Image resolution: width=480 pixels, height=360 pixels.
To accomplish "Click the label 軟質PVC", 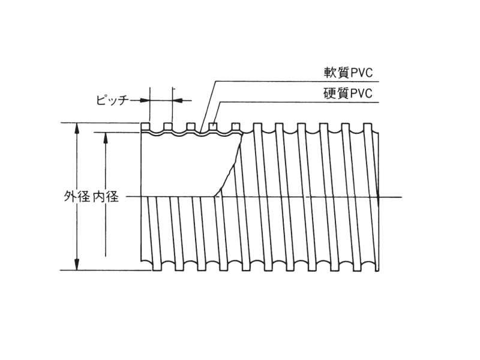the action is pos(348,73).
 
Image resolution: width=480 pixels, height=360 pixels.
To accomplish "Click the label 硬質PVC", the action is pos(348,94).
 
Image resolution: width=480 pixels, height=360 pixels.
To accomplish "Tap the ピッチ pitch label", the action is pos(111,100).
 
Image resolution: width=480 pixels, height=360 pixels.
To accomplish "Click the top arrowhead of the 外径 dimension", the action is pos(77,128).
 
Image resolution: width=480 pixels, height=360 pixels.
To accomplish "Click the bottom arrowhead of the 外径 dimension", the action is pos(77,265).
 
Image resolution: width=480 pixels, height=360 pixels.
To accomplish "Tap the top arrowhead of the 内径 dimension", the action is pos(106,138).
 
